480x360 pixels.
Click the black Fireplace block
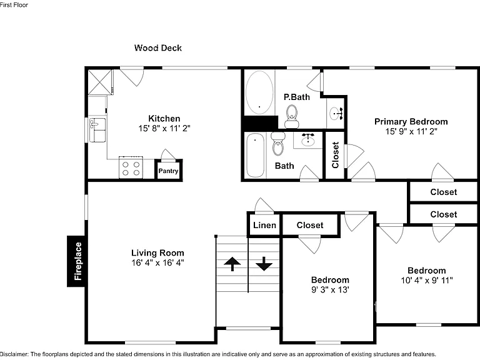(x=76, y=261)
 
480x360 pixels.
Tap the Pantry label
(x=168, y=171)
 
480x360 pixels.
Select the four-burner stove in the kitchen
(x=131, y=167)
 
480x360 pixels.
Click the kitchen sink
(x=97, y=131)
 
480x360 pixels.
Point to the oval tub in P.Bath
(x=259, y=92)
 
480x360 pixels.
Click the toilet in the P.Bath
(x=292, y=117)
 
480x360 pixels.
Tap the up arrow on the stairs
(x=232, y=264)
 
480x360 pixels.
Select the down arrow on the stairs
(x=264, y=264)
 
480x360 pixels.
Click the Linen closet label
(x=264, y=225)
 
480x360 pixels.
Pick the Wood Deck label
(x=158, y=47)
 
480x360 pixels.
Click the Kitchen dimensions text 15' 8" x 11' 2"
(x=164, y=128)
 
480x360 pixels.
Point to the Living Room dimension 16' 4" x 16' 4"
(x=157, y=262)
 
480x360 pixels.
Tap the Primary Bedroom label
(x=411, y=121)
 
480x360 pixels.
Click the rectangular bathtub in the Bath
(x=255, y=155)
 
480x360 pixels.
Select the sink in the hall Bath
(x=308, y=140)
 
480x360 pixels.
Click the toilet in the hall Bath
(x=278, y=144)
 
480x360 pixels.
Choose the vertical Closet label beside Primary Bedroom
(x=335, y=155)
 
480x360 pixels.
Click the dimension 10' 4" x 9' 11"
(x=427, y=280)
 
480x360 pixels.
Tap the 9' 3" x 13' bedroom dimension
(x=330, y=289)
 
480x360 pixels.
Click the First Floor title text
(x=14, y=5)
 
